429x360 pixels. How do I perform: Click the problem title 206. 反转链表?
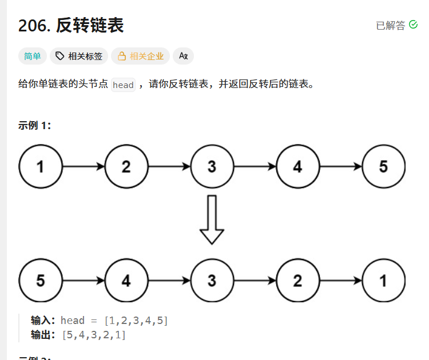pyautogui.click(x=71, y=25)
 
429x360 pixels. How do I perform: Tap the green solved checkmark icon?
pyautogui.click(x=414, y=25)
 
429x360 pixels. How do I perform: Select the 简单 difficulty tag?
pyautogui.click(x=33, y=56)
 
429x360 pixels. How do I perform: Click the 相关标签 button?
pyautogui.click(x=79, y=56)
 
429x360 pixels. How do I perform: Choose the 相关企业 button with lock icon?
pyautogui.click(x=140, y=56)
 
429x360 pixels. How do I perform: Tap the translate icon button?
pyautogui.click(x=183, y=56)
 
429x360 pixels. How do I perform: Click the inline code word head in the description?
pyautogui.click(x=123, y=85)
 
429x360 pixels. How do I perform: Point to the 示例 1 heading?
pyautogui.click(x=35, y=126)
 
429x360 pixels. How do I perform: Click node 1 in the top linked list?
pyautogui.click(x=40, y=167)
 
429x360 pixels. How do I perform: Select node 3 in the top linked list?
pyautogui.click(x=212, y=167)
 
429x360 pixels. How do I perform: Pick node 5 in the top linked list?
pyautogui.click(x=383, y=167)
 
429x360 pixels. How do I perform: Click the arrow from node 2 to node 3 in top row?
pyautogui.click(x=169, y=167)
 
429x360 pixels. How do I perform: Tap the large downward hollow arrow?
pyautogui.click(x=212, y=219)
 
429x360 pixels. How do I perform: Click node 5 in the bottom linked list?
pyautogui.click(x=40, y=281)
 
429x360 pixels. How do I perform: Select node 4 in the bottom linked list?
pyautogui.click(x=126, y=281)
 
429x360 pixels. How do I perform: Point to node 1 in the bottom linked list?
pyautogui.click(x=383, y=281)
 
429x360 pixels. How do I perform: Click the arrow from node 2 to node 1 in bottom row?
pyautogui.click(x=340, y=281)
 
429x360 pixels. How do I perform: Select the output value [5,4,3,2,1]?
pyautogui.click(x=94, y=335)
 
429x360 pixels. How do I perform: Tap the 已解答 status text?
pyautogui.click(x=390, y=25)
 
